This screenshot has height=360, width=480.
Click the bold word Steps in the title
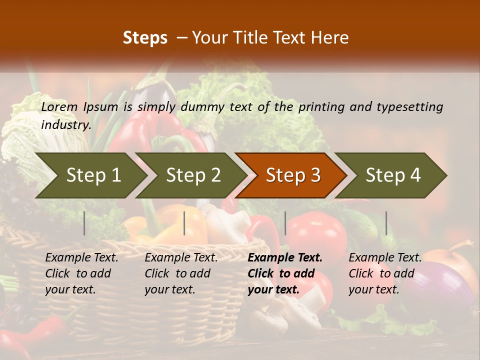(x=145, y=38)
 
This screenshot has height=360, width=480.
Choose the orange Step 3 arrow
(x=293, y=175)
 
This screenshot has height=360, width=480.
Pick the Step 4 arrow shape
(x=393, y=175)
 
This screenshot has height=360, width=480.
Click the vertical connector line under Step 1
(x=84, y=223)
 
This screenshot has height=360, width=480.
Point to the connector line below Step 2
(x=184, y=223)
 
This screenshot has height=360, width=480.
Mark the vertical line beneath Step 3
(x=285, y=223)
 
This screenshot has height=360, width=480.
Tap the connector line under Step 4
(x=386, y=223)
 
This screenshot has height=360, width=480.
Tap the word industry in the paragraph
(x=65, y=124)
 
